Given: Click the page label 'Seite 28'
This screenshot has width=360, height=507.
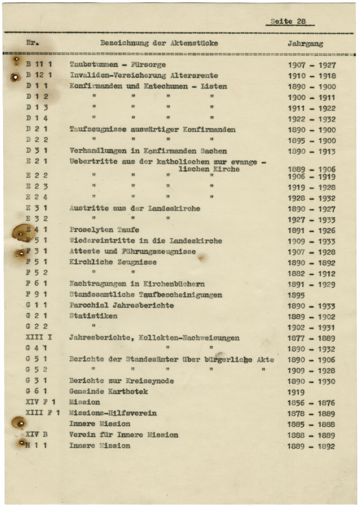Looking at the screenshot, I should coord(288,22).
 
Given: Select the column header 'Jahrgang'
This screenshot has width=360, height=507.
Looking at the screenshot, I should coord(305,44).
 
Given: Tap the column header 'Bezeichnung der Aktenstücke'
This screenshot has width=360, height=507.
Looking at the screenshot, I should coord(159,43).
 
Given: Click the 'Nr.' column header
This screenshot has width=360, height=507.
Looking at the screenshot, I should coord(32,43).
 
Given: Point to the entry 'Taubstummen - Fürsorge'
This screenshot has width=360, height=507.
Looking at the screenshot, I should coord(117,65).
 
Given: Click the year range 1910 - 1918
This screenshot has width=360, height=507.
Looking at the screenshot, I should coord(312,76).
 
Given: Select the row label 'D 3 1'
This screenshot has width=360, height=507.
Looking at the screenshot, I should coord(37,151).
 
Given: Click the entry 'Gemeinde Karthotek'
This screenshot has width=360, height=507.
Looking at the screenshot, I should coord(108,391).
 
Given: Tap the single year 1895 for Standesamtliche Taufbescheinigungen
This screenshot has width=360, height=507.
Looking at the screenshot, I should coord(296,295).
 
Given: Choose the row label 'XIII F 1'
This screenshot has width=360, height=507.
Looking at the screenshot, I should coord(42,413).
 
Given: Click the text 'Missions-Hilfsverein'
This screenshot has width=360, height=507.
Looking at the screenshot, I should coord(113,413).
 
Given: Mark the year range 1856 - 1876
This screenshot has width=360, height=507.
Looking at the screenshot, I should coord(311,403).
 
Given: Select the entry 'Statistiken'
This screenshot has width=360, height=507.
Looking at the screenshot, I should coord(93,316).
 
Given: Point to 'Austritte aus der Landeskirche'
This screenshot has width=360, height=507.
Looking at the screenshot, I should coord(134,208).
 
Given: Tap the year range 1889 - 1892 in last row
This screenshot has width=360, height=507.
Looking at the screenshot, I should coord(311,447).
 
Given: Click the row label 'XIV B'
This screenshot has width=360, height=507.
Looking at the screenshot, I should coord(37,435).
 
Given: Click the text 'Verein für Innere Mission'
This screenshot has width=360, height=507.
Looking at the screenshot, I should coord(123,435).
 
